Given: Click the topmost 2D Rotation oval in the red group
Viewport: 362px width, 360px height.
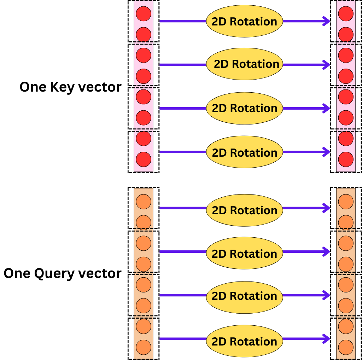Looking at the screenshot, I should [x=244, y=21].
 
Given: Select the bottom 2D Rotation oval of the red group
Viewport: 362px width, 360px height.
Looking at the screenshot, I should [x=244, y=152].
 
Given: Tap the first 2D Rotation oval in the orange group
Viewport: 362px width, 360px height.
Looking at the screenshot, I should [x=244, y=210].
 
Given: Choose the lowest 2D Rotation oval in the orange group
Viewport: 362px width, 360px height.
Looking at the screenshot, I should [x=244, y=341].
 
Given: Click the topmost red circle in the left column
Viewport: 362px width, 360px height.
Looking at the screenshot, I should [x=144, y=14].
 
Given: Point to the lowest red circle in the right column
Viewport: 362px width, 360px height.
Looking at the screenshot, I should [x=346, y=159].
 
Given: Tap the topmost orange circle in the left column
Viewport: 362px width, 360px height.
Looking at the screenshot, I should [x=144, y=202].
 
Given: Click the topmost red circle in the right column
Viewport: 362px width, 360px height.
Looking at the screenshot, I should [x=346, y=14].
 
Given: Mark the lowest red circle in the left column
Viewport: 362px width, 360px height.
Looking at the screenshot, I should [x=144, y=159].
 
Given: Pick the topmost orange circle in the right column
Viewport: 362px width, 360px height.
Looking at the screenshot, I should [x=346, y=202].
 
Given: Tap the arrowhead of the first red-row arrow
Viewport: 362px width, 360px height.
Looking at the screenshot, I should [x=326, y=21].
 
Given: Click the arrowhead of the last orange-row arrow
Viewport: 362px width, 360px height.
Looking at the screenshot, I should [x=326, y=339].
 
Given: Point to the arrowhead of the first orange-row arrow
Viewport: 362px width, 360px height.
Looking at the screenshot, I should [x=326, y=208].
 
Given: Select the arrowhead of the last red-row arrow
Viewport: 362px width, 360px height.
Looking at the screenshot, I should [x=326, y=152].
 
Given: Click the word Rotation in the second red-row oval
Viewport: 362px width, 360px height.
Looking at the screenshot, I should [x=256, y=64].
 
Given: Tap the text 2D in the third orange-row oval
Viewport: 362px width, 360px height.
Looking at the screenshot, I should [x=219, y=296].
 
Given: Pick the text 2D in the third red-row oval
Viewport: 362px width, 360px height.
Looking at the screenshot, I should [x=219, y=108].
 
